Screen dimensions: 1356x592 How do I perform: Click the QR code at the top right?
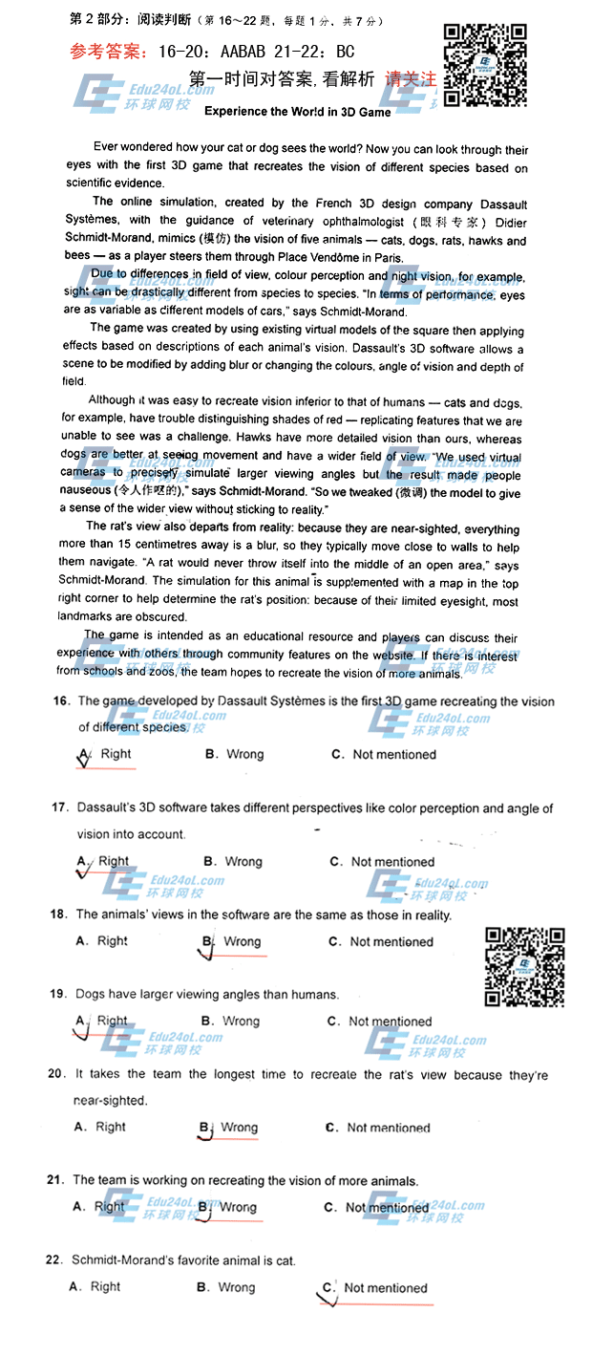[485, 64]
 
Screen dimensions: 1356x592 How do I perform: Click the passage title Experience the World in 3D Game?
[298, 112]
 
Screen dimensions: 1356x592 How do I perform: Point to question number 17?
[59, 808]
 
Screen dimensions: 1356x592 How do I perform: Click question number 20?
[56, 1075]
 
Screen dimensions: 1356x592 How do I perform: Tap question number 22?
[53, 1260]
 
